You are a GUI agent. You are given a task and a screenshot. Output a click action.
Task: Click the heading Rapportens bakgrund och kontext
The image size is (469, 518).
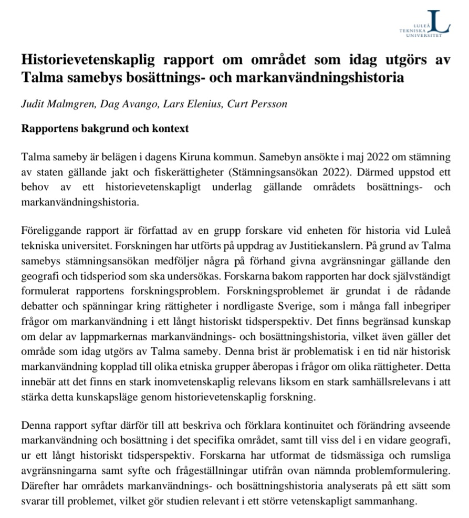tap(105, 129)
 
